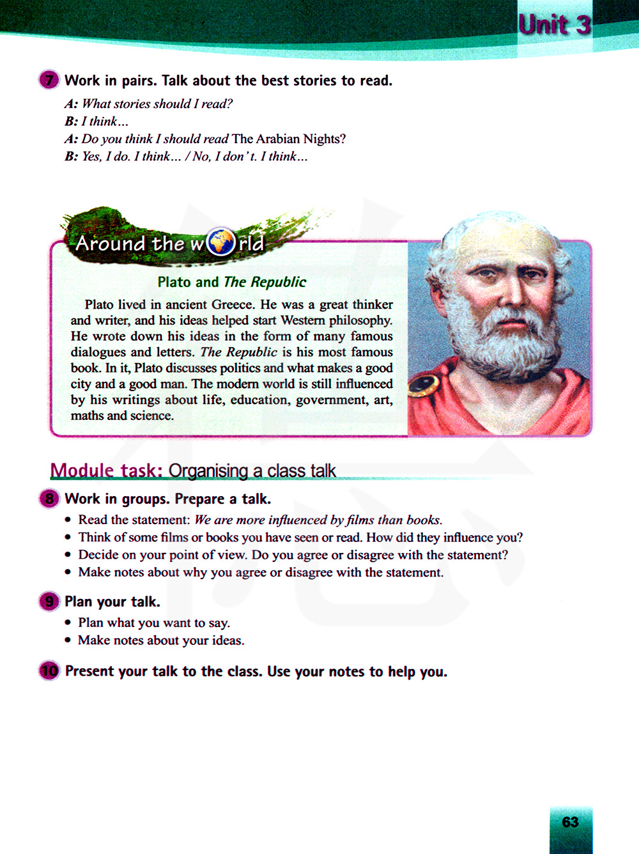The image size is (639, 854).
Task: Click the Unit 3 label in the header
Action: [x=554, y=25]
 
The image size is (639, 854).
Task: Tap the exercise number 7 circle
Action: [x=49, y=81]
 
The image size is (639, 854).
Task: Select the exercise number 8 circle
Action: [x=49, y=499]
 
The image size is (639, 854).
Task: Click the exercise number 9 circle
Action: [x=49, y=602]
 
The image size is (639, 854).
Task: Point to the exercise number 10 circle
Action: [x=49, y=671]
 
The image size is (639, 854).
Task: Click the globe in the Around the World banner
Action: [x=221, y=243]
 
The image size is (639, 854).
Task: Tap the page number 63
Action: [x=570, y=822]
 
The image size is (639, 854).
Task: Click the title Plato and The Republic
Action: [x=232, y=282]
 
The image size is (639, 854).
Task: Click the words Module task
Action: [x=106, y=471]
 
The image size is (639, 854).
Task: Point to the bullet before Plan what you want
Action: [x=68, y=623]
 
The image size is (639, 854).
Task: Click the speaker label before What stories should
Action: [x=71, y=104]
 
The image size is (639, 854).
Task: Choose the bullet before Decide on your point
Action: [x=68, y=555]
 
